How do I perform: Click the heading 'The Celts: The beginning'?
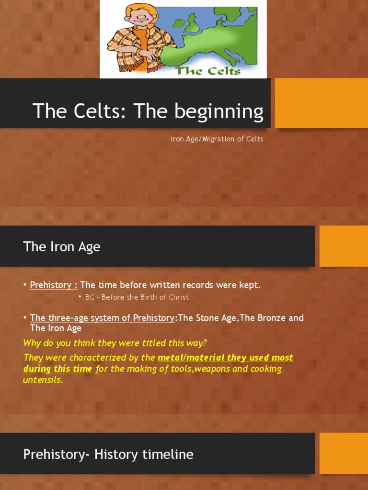[148, 111]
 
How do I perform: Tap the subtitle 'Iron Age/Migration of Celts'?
[217, 139]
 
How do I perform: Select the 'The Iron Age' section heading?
[62, 247]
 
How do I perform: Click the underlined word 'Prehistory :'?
[54, 285]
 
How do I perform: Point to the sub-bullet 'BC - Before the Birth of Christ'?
[137, 297]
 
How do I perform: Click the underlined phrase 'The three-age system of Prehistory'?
[102, 318]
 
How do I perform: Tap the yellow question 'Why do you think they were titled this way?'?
[115, 343]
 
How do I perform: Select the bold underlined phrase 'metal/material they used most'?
[225, 358]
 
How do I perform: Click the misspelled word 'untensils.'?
[43, 380]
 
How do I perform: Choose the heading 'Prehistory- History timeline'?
[108, 454]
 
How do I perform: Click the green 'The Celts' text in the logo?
[207, 71]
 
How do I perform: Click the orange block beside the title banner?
[321, 103]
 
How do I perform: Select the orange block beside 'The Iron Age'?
[344, 246]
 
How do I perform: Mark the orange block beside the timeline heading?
[344, 453]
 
